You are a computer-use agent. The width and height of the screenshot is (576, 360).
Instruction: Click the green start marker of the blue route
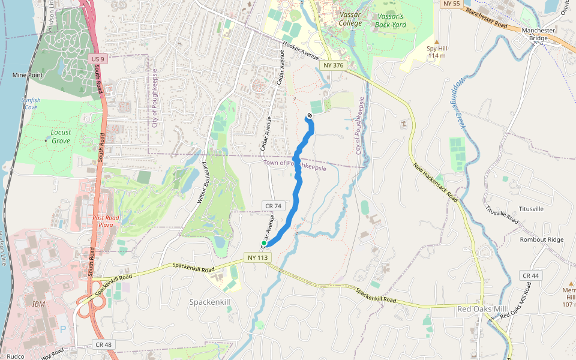click(263, 243)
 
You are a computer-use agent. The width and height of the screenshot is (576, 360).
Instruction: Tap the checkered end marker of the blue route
click(310, 115)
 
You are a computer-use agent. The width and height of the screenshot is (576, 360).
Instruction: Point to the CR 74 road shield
click(272, 206)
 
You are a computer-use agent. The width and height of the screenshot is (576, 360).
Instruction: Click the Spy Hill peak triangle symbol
click(436, 41)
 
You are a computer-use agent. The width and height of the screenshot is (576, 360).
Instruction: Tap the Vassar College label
click(350, 19)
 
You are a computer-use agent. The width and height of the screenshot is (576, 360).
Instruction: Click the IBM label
click(38, 304)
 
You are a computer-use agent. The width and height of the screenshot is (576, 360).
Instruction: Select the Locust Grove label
click(61, 136)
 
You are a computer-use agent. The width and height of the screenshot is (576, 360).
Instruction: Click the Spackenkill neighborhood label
click(215, 301)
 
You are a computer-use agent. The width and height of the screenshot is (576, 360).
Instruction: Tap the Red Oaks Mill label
click(482, 308)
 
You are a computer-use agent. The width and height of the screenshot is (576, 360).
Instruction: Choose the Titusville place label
click(531, 209)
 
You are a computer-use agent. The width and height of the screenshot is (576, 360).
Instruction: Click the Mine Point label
click(28, 75)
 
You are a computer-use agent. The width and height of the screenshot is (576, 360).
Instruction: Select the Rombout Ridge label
click(542, 239)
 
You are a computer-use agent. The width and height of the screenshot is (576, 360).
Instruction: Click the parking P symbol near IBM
click(64, 329)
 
